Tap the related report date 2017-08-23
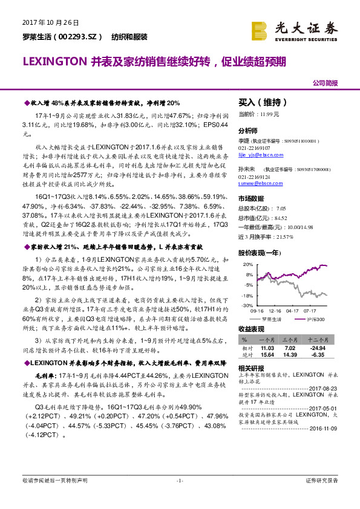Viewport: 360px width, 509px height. tap(325, 388)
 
